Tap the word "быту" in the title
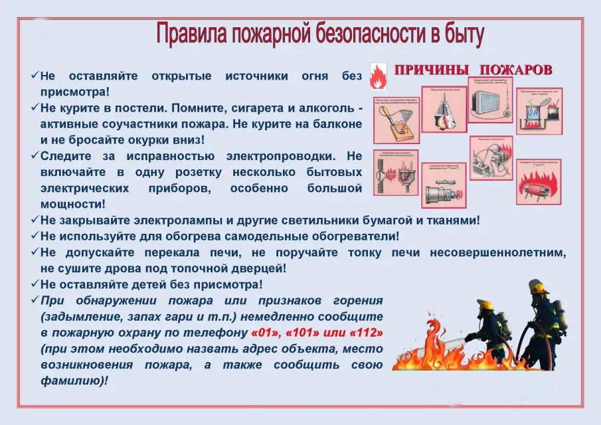point(462,34)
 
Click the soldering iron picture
point(394,124)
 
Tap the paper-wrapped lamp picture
point(444,111)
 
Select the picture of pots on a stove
point(539,111)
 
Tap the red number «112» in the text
point(369,332)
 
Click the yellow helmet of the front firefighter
point(485,305)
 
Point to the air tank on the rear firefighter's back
point(560,315)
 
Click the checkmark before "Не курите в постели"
point(34,107)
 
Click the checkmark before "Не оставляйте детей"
point(34,284)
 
